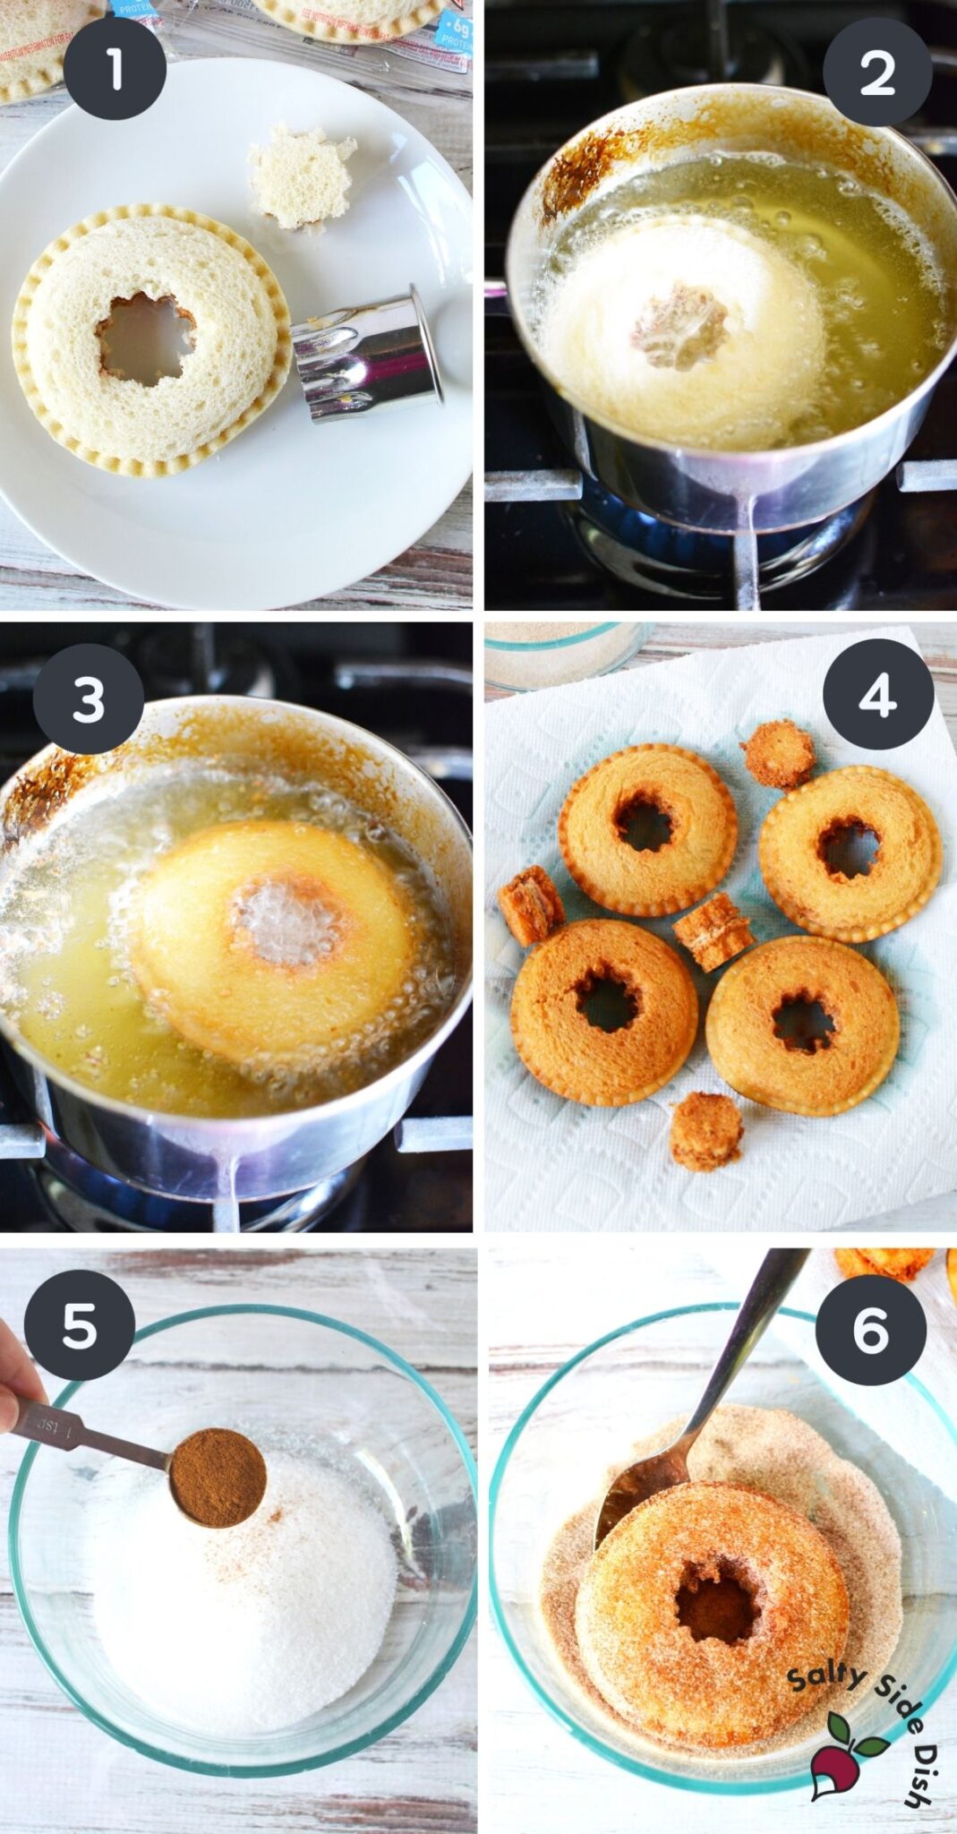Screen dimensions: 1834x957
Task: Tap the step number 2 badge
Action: point(876,72)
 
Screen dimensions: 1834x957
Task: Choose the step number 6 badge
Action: point(870,1328)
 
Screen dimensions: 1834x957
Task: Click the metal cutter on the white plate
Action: point(368,353)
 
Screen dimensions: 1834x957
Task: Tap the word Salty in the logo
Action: point(819,1670)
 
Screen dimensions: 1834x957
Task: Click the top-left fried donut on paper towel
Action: point(648,832)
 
